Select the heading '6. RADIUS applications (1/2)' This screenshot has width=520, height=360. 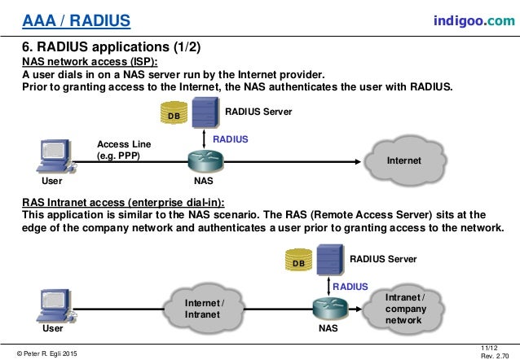pyautogui.click(x=101, y=46)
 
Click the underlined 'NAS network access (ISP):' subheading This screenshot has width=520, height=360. pyautogui.click(x=89, y=61)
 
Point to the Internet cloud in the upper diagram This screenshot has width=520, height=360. pyautogui.click(x=405, y=161)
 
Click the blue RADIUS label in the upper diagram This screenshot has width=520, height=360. pyautogui.click(x=231, y=139)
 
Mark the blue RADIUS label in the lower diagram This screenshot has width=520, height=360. pyautogui.click(x=350, y=287)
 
